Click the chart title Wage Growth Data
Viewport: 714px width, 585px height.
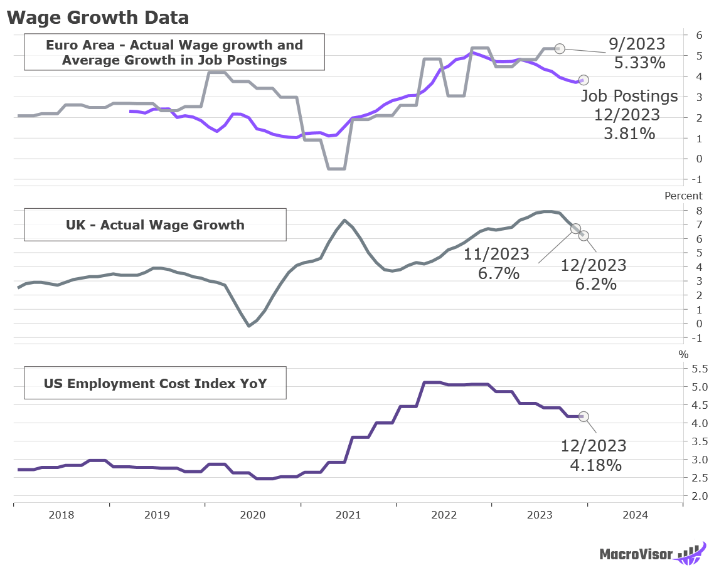point(98,17)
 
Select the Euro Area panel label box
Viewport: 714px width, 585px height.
point(174,53)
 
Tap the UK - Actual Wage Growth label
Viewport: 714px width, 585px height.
point(155,224)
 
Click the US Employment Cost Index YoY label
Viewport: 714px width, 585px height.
point(155,383)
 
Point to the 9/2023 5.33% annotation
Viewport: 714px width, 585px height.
point(637,53)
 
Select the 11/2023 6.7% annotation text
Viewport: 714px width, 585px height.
point(497,263)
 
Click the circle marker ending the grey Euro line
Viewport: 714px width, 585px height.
point(560,48)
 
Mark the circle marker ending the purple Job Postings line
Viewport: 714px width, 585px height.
point(583,80)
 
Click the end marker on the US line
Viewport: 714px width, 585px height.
point(583,416)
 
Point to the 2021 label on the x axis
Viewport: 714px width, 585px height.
point(348,515)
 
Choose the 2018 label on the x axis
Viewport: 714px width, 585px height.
point(61,515)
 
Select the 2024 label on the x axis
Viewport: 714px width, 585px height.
point(635,515)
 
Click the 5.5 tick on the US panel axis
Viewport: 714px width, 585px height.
point(699,368)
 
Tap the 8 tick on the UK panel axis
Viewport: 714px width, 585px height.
point(696,210)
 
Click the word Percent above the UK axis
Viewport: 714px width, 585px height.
point(684,196)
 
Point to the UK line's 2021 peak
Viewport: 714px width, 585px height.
point(344,220)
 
